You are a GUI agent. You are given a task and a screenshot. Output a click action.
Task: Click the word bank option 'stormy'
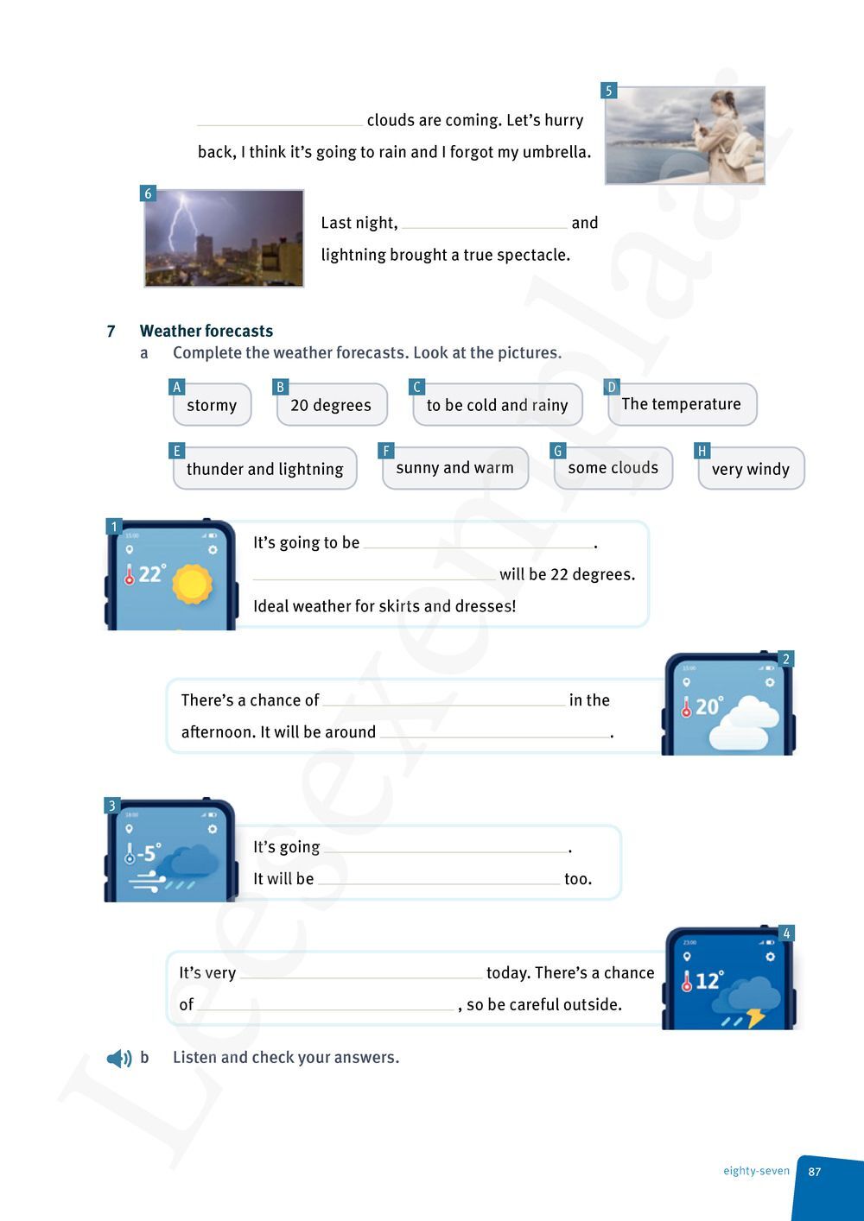212,405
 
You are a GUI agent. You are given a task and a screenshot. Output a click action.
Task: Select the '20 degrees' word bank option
331,405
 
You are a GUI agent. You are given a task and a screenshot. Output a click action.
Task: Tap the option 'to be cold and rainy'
497,405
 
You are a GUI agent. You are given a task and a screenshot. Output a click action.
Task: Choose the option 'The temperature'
681,404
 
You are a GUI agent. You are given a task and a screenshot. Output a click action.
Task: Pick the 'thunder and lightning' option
264,469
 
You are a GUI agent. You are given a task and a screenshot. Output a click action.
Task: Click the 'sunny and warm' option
454,468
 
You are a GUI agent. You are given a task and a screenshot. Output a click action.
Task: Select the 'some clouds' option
613,468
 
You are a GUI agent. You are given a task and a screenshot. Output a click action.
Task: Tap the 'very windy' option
750,469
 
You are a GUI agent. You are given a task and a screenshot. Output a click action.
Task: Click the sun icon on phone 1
192,584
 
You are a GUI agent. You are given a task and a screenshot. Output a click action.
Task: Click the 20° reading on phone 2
707,706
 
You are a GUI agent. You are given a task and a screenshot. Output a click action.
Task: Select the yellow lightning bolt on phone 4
756,1017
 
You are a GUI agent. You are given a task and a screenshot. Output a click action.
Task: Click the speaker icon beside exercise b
118,1059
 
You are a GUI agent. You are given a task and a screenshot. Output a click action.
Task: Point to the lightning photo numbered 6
224,238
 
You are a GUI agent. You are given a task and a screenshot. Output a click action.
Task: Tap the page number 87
815,1172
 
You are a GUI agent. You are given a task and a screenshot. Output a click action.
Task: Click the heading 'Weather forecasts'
206,331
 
